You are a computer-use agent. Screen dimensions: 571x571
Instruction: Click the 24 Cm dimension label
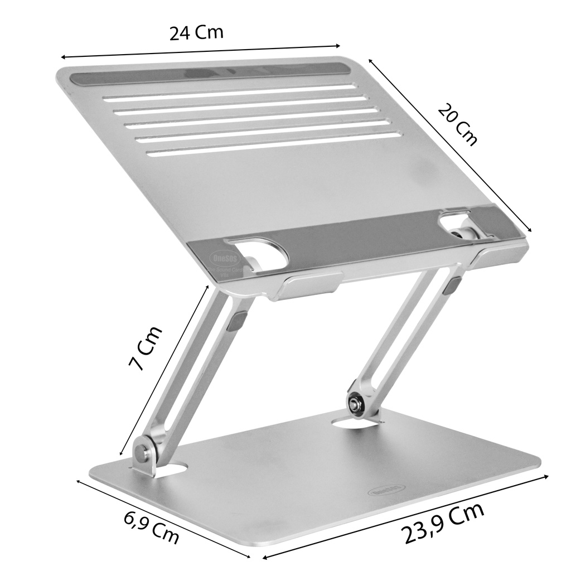(196, 33)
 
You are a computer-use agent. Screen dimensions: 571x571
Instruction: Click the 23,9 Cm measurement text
(443, 524)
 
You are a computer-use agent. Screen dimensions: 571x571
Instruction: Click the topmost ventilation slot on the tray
(229, 93)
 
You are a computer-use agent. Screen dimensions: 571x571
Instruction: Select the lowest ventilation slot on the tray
(273, 144)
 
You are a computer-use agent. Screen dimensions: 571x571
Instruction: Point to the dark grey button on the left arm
(240, 321)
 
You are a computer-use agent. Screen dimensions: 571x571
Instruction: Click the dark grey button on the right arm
(453, 285)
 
